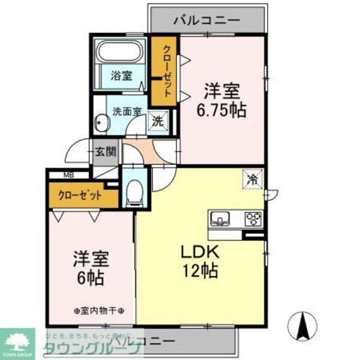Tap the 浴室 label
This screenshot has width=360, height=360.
tap(121, 76)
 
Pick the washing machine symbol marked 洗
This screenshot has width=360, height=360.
tap(157, 120)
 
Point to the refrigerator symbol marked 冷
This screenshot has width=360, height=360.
tap(253, 178)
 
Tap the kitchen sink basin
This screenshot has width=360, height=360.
tap(219, 217)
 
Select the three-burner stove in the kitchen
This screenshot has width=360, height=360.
tap(252, 217)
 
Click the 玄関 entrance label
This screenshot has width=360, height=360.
tap(106, 151)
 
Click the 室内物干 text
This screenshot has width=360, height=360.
tap(99, 311)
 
